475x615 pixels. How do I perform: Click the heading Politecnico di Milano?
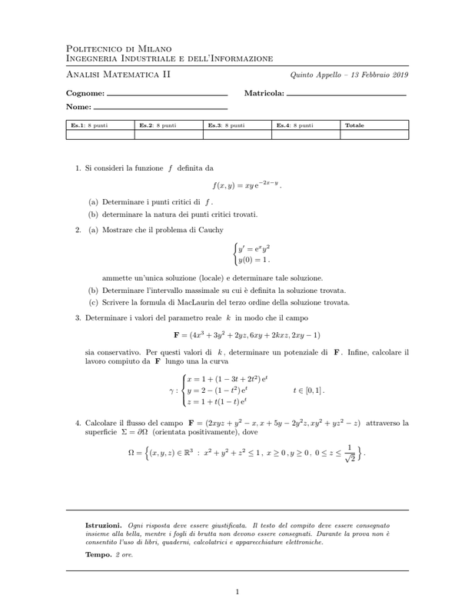point(119,48)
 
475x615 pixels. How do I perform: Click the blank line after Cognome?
point(168,95)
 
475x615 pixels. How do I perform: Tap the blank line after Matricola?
point(346,95)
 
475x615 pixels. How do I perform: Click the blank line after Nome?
point(160,108)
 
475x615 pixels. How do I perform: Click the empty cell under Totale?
point(374,135)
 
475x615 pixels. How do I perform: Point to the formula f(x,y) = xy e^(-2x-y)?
point(247,185)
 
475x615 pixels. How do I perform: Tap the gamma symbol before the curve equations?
point(173,390)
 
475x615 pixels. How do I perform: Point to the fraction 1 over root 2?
point(350,453)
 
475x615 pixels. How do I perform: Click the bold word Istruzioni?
point(103,524)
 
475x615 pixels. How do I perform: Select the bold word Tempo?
point(98,553)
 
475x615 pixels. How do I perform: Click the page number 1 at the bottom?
point(237,592)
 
